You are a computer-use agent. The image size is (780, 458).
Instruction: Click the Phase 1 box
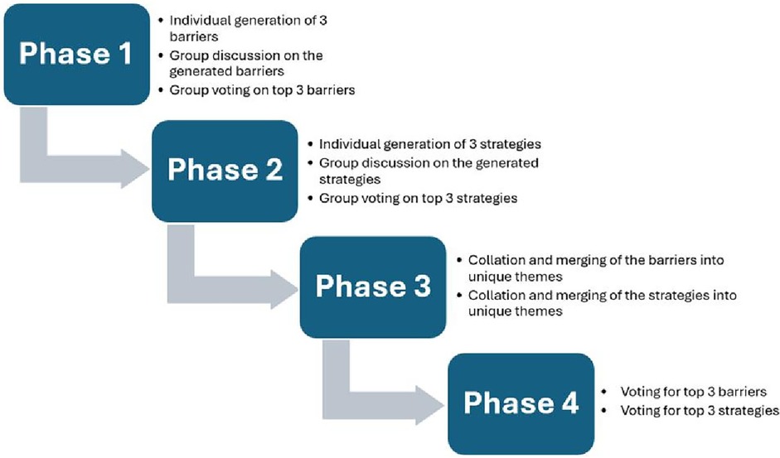tap(76, 54)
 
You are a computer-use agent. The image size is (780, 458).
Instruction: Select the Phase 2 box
tap(225, 171)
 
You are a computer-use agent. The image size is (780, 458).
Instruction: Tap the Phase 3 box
tap(373, 287)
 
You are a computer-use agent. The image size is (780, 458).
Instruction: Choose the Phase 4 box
tap(521, 404)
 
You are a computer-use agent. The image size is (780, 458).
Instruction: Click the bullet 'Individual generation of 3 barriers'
tap(248, 28)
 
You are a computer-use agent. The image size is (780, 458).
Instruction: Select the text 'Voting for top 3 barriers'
tap(693, 392)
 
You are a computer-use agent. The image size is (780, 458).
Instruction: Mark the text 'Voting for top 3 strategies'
tap(700, 411)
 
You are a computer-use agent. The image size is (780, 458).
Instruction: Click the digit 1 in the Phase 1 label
tap(125, 53)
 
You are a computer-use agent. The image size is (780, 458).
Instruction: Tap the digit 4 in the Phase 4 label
tap(570, 403)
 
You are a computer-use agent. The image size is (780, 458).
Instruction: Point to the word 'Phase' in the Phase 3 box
tap(360, 287)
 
